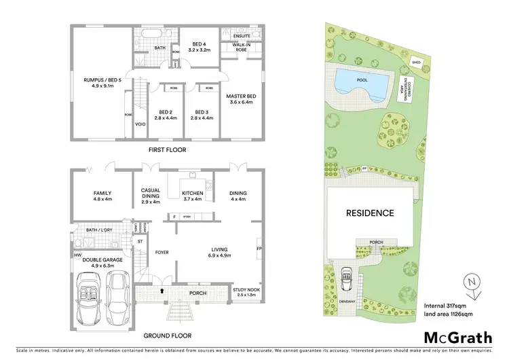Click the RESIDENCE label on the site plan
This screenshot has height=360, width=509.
371,213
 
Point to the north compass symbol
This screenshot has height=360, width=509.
472,281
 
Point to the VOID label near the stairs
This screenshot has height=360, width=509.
140,124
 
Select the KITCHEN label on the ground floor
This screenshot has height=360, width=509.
193,193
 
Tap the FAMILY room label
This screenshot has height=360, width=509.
102,194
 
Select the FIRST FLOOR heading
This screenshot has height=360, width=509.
166,149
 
